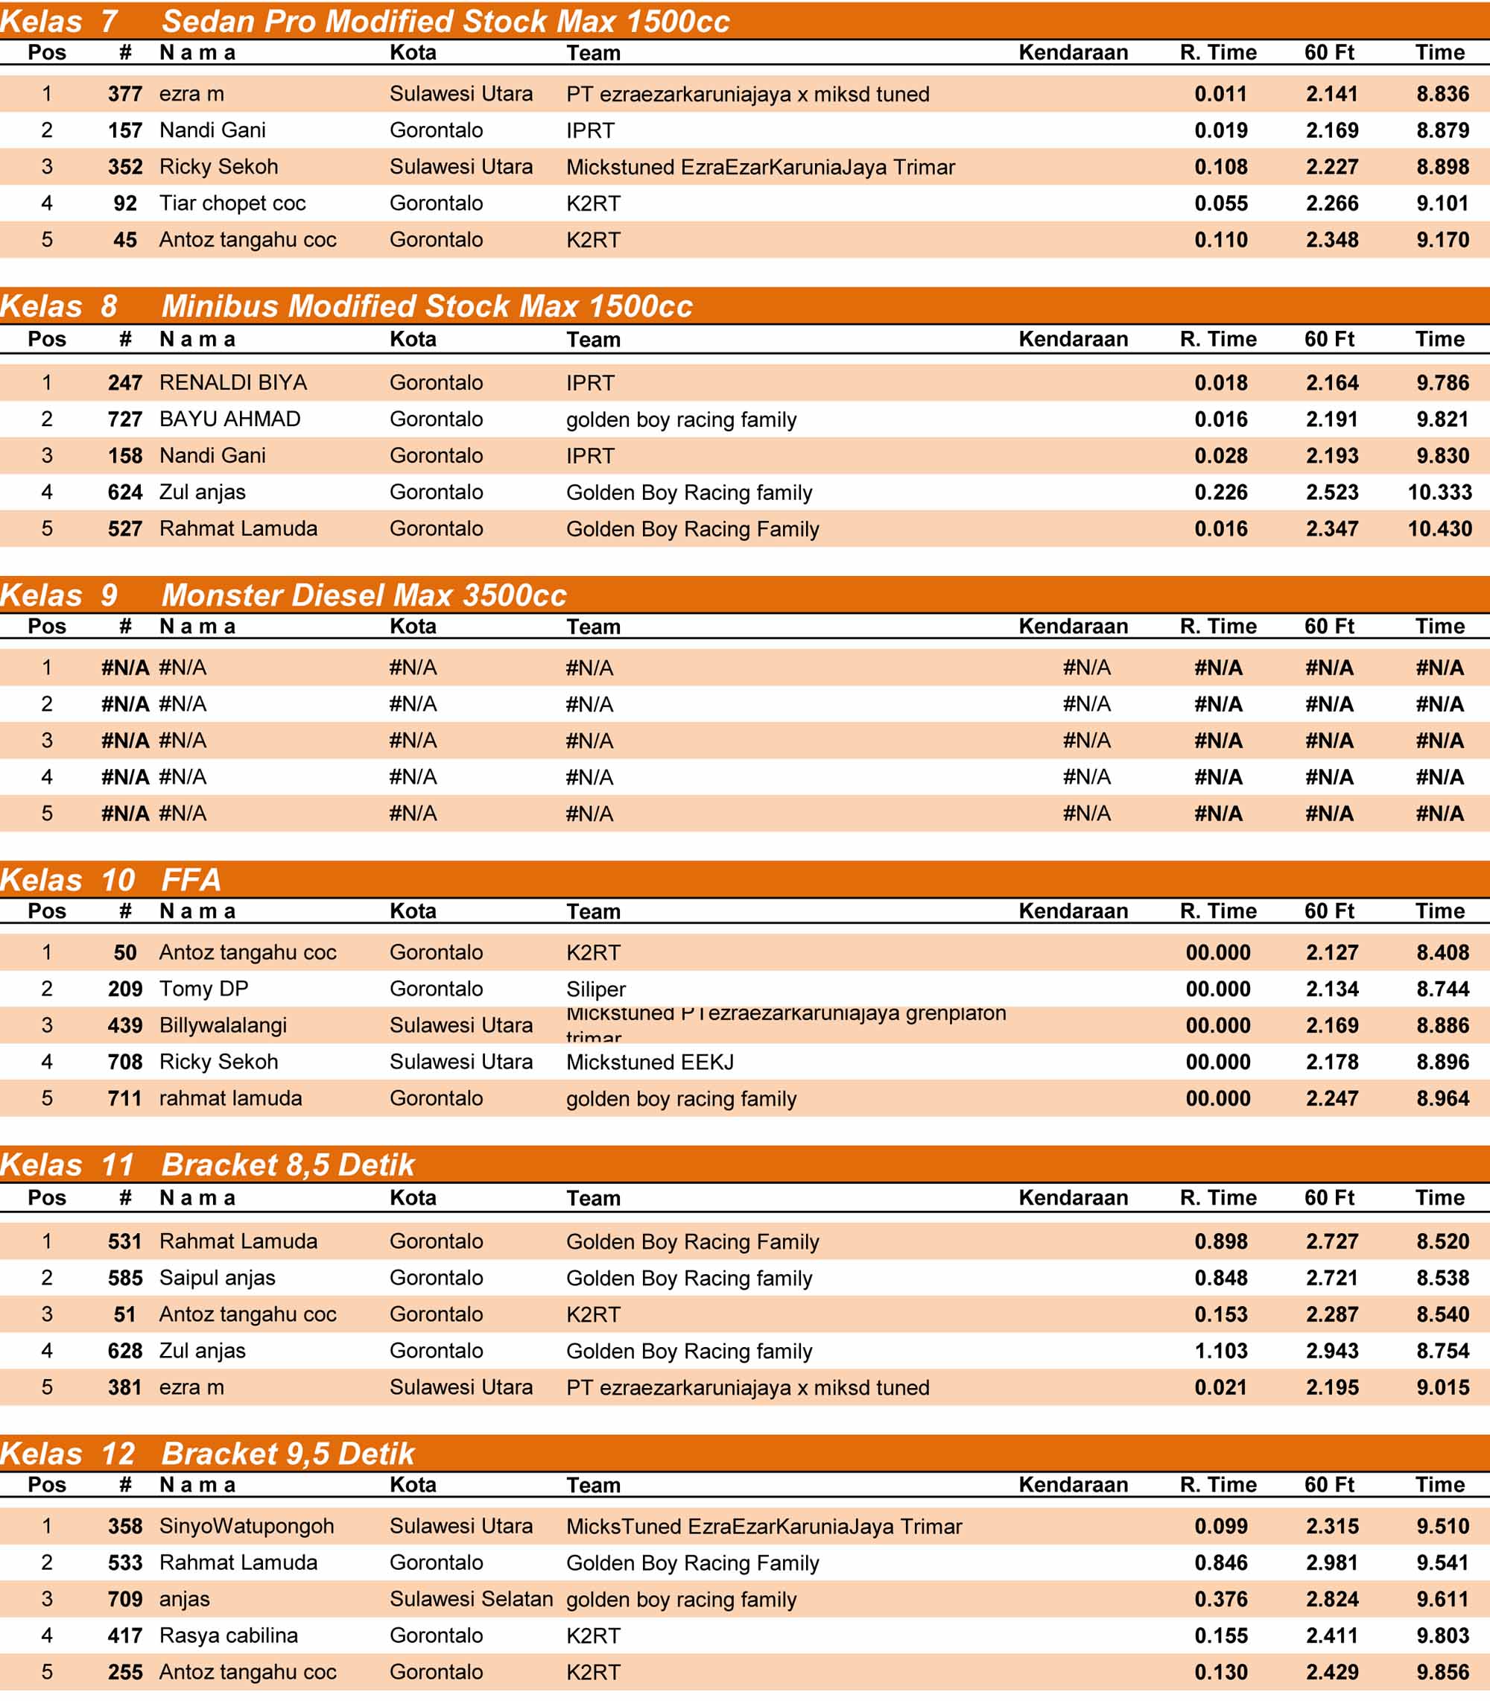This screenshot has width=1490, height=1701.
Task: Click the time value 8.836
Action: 1442,94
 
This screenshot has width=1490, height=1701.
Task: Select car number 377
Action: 124,94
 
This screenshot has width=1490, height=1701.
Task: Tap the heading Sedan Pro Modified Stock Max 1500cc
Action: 445,22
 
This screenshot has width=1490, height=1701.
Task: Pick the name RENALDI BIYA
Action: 232,382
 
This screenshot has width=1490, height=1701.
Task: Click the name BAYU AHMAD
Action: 229,419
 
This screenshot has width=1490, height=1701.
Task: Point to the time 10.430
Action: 1439,529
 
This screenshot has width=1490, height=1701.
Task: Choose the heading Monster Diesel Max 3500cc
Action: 364,595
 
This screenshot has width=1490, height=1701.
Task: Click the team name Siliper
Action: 595,989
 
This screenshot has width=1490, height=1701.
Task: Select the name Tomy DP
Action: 203,989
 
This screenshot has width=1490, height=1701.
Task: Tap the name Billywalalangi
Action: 223,1025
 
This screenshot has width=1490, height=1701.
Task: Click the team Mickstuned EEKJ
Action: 650,1062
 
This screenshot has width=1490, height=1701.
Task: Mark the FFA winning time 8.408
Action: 1442,952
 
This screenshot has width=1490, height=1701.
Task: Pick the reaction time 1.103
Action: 1220,1350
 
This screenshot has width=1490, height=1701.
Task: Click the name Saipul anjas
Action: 217,1277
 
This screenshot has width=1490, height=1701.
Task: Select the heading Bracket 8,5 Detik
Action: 288,1165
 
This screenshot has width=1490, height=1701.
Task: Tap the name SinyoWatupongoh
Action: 246,1526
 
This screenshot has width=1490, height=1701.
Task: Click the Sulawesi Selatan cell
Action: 471,1599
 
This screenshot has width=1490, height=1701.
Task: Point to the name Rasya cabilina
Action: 229,1635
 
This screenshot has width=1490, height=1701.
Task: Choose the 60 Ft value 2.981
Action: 1331,1562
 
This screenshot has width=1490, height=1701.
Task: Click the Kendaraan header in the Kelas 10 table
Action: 1073,911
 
